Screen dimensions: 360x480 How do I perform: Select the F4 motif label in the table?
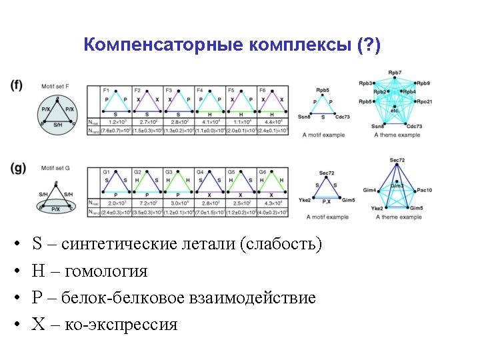tap(200, 90)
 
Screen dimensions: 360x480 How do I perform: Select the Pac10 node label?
tap(425, 190)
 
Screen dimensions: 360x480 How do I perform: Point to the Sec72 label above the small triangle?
tap(326, 173)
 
